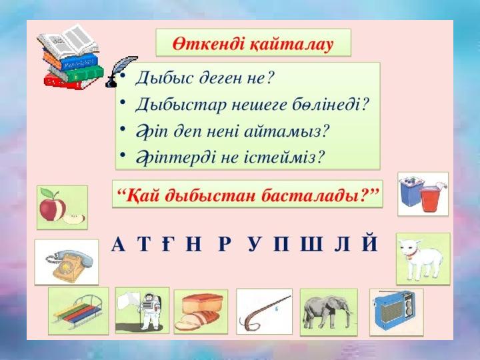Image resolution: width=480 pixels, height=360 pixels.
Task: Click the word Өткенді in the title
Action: (209, 44)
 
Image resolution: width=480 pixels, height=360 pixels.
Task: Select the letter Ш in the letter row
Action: (312, 244)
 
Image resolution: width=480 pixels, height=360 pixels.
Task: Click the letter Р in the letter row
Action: (224, 244)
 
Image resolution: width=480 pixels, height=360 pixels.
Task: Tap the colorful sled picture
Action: (79, 311)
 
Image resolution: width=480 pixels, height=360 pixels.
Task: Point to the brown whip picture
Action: (263, 312)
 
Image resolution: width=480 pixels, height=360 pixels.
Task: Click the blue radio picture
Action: (396, 311)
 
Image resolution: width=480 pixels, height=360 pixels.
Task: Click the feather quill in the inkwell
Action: (121, 71)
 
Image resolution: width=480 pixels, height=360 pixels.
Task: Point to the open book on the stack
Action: (68, 42)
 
